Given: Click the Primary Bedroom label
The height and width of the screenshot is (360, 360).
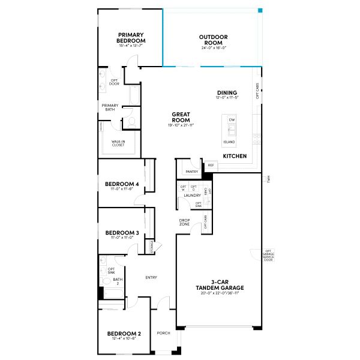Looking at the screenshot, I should click(131, 38).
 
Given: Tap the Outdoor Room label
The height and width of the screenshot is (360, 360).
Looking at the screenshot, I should click(214, 40).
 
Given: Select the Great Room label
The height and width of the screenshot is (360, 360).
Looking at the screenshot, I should click(181, 116).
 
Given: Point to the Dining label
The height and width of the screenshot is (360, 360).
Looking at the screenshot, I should click(227, 92).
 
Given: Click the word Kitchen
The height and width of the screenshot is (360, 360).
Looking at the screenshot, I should click(235, 156).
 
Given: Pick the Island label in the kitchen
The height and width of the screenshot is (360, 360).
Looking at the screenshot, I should click(229, 142).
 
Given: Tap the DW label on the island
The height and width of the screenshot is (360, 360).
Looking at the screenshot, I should click(232, 120).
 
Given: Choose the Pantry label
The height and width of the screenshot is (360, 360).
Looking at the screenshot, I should click(191, 172).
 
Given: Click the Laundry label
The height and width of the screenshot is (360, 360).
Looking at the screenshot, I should click(192, 196).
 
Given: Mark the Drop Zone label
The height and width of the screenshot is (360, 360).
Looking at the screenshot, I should click(185, 222).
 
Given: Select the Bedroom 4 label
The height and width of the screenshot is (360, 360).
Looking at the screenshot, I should click(122, 184).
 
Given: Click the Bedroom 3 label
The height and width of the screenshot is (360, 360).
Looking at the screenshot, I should click(122, 233).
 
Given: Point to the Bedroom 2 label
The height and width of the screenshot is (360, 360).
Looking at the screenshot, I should click(124, 334).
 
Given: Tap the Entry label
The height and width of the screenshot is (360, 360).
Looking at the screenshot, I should click(151, 277).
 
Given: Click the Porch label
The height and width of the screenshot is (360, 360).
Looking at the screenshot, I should click(163, 334).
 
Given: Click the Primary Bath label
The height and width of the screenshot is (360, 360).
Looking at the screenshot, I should click(110, 107).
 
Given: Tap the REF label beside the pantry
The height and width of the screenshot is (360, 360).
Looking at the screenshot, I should click(211, 165).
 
